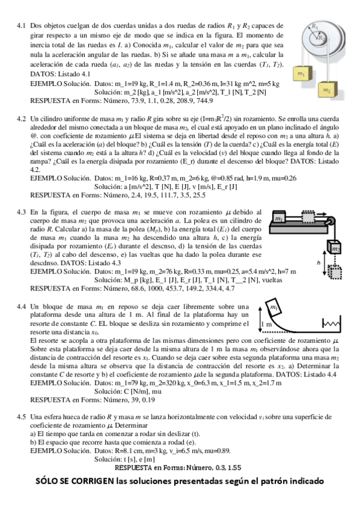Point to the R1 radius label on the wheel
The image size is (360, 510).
(315, 26)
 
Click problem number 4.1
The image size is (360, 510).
(21, 26)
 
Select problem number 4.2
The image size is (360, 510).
(21, 119)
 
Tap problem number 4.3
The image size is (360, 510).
(21, 212)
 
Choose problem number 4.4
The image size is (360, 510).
(21, 307)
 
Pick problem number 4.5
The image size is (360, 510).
(21, 416)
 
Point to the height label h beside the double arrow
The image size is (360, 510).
(319, 262)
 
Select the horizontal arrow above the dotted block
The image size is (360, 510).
(316, 212)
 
